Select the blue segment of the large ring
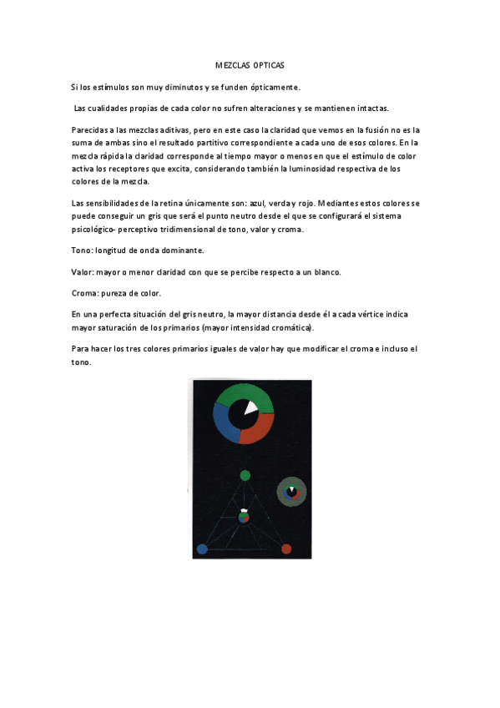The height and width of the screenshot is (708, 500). pos(224,422)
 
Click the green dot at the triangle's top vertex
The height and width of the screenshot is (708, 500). pos(245,476)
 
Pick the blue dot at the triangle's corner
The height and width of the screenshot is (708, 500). pos(202,549)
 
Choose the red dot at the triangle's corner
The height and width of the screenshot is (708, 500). pos(286,549)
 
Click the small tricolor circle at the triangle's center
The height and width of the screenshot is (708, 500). pos(244,518)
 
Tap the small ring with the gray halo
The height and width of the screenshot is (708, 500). pos(291,492)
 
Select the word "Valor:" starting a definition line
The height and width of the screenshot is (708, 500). pos(86,272)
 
